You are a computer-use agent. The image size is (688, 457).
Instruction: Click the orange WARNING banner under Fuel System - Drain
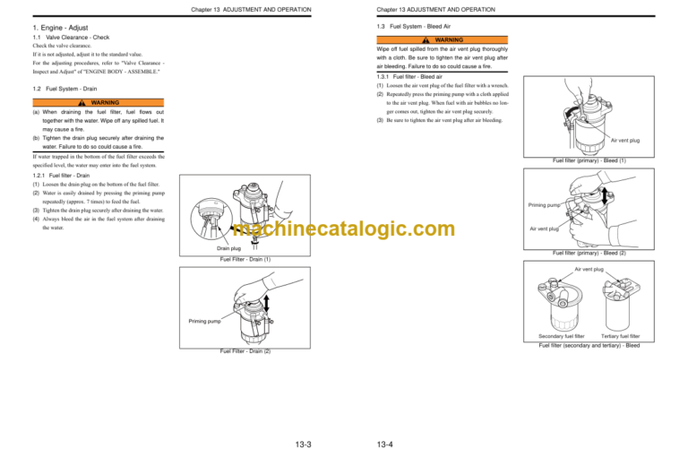tap(106, 102)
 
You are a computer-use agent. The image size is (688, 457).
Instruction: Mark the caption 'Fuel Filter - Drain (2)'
tap(245, 351)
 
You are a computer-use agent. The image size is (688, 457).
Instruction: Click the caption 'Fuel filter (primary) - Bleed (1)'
tap(589, 160)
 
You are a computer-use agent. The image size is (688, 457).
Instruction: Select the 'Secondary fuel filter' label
tap(562, 336)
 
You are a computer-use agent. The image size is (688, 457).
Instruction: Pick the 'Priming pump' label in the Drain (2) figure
tap(204, 320)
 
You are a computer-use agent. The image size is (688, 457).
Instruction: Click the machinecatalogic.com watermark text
tap(344, 230)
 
